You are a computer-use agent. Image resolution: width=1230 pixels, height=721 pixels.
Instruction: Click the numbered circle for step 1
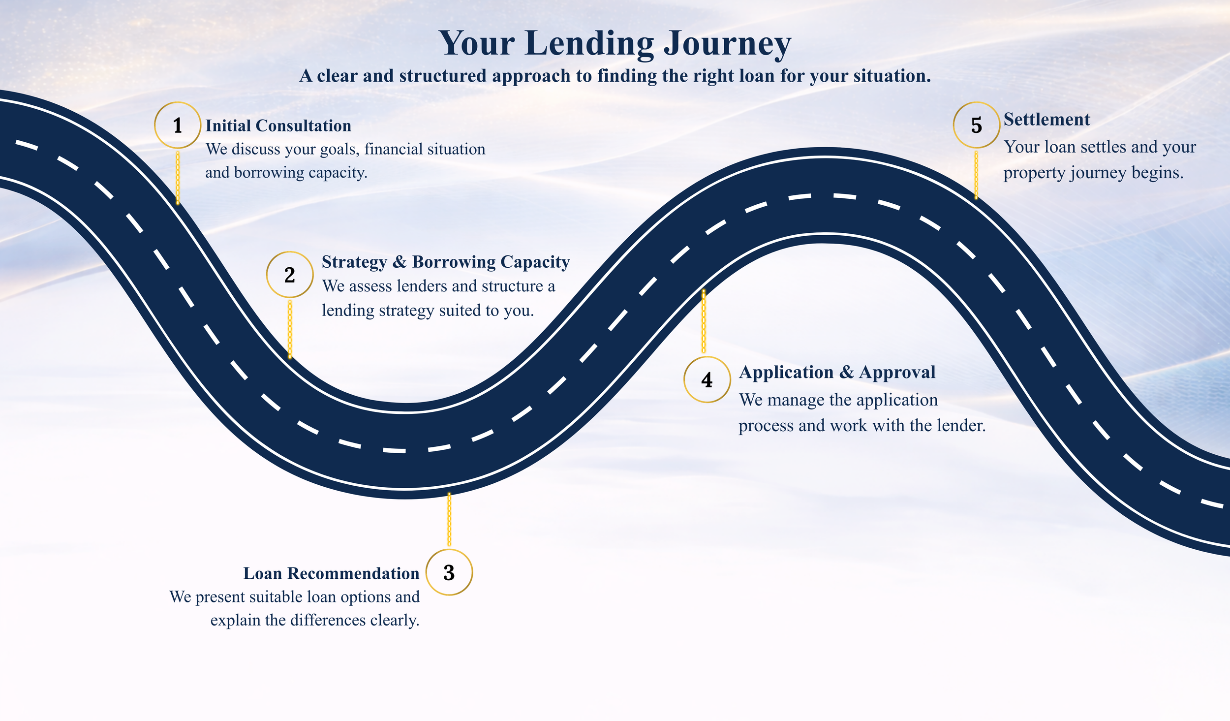[x=178, y=125]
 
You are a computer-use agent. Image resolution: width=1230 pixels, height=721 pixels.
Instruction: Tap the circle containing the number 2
[x=290, y=275]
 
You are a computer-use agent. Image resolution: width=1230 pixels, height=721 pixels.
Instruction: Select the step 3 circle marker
[x=449, y=572]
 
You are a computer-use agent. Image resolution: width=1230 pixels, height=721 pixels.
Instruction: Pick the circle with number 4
[x=707, y=380]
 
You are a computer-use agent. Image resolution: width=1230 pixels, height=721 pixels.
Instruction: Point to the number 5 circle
[x=977, y=125]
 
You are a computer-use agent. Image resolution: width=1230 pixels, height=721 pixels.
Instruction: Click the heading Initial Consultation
[x=278, y=125]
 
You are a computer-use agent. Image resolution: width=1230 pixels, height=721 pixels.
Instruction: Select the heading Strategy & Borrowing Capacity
[x=446, y=262]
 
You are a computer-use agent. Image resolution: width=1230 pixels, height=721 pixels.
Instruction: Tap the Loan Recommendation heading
[x=331, y=573]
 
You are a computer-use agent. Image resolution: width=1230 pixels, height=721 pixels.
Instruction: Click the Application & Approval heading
[x=837, y=372]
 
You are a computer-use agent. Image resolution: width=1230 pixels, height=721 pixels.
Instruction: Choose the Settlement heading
[x=1046, y=120]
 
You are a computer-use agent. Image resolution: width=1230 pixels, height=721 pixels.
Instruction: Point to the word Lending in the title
[x=589, y=44]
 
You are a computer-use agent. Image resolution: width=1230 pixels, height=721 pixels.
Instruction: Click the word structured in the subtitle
[x=442, y=76]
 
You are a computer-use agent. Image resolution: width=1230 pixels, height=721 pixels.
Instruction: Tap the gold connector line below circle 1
[x=178, y=177]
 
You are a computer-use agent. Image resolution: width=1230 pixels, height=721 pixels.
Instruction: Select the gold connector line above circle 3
[x=449, y=520]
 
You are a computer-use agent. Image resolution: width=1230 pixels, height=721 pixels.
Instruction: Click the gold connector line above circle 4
[x=704, y=321]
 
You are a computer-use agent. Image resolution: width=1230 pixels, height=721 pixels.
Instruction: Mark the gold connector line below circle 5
[x=976, y=175]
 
